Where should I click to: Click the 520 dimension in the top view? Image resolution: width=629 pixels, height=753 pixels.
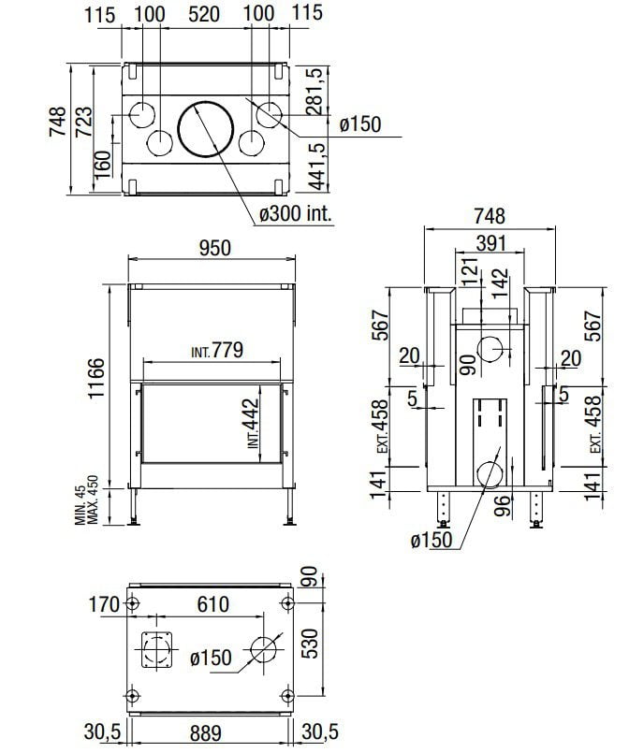point(204,14)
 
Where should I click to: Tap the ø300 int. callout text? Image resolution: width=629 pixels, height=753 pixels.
point(296,213)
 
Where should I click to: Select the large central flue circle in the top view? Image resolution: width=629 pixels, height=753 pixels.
point(206,129)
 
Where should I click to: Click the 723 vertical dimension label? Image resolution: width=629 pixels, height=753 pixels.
point(83,122)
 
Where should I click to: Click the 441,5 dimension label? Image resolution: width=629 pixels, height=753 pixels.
point(316,167)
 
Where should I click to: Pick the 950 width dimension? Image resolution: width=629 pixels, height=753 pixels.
point(215,248)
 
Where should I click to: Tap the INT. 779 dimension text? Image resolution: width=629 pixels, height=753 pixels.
point(217,350)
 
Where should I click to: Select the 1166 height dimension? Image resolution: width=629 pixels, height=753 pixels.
point(96,378)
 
